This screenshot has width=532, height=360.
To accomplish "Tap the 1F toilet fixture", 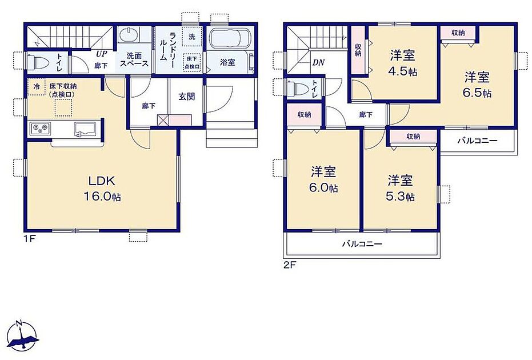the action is (35, 62).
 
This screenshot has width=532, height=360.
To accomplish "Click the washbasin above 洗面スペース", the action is (128, 35).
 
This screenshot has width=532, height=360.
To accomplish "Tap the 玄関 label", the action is (187, 97).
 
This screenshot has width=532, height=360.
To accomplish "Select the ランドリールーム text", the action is (168, 46).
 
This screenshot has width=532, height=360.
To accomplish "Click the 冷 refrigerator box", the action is (37, 87).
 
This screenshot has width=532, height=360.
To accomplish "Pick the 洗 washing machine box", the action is (192, 37).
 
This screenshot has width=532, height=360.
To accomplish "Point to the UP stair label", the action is (101, 54).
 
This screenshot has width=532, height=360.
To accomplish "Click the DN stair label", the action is (319, 63).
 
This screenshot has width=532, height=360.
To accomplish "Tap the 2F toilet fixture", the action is (295, 89).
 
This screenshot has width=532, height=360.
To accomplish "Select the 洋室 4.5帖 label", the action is (403, 63).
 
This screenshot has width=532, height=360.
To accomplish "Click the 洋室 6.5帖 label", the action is (478, 85).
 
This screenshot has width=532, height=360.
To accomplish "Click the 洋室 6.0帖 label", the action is (323, 179).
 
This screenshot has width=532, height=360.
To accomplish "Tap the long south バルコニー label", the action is (362, 244).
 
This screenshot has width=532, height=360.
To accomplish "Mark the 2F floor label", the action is (290, 265).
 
